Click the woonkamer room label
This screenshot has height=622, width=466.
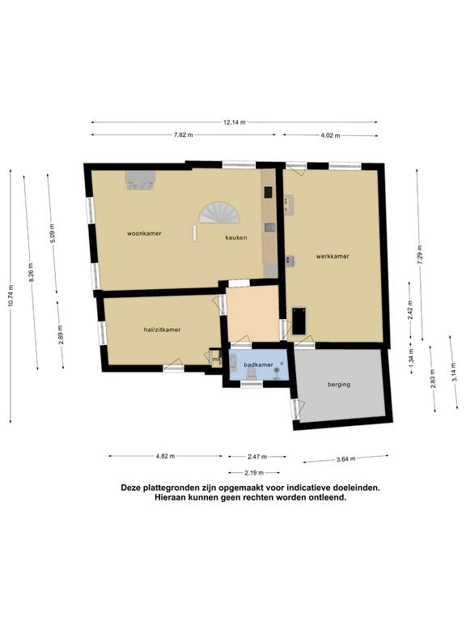pyautogui.click(x=144, y=233)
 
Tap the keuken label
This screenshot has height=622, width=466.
pyautogui.click(x=236, y=237)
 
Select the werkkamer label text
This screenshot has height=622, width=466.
pyautogui.click(x=333, y=256)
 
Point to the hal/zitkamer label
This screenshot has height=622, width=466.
pyautogui.click(x=162, y=330)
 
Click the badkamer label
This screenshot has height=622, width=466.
pyautogui.click(x=258, y=364)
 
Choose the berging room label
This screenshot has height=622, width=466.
pyautogui.click(x=339, y=385)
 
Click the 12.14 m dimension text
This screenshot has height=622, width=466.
pyautogui.click(x=234, y=122)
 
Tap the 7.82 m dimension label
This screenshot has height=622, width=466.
pyautogui.click(x=184, y=135)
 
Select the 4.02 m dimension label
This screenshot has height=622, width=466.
pyautogui.click(x=330, y=135)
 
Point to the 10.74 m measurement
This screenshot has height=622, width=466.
pyautogui.click(x=11, y=296)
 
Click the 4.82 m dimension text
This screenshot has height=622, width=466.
pyautogui.click(x=165, y=456)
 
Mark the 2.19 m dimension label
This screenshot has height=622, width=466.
pyautogui.click(x=254, y=472)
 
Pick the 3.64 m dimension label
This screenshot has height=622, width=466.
pyautogui.click(x=345, y=459)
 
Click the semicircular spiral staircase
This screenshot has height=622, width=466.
pyautogui.click(x=219, y=212)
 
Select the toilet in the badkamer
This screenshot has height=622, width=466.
pyautogui.click(x=251, y=373)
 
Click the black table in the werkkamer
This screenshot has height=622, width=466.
pyautogui.click(x=299, y=321)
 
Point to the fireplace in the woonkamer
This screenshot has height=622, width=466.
pyautogui.click(x=140, y=181)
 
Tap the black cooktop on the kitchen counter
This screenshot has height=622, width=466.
pyautogui.click(x=269, y=192)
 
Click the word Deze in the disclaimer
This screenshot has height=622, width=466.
pyautogui.click(x=130, y=488)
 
